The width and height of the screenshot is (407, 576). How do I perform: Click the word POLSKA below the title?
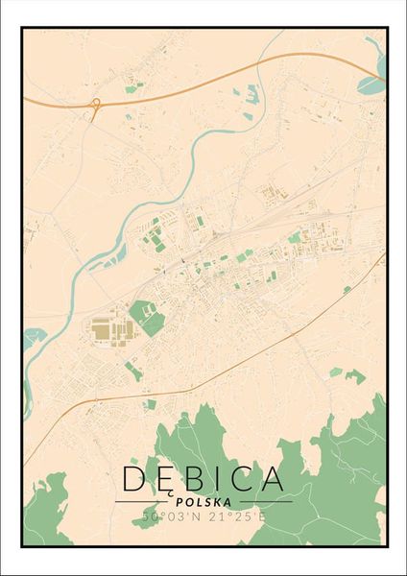203,500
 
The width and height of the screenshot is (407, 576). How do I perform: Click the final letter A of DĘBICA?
270,478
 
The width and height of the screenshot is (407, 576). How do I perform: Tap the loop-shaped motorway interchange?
95,108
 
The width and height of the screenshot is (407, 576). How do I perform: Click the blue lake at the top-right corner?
371,84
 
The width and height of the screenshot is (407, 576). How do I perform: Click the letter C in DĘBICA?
238,478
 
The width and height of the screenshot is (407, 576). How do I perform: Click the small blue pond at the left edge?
34,337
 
